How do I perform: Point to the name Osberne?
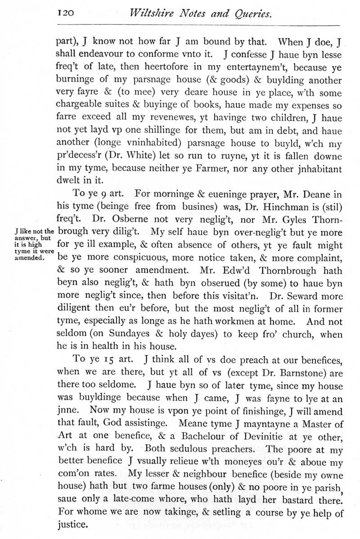click(x=123, y=221)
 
